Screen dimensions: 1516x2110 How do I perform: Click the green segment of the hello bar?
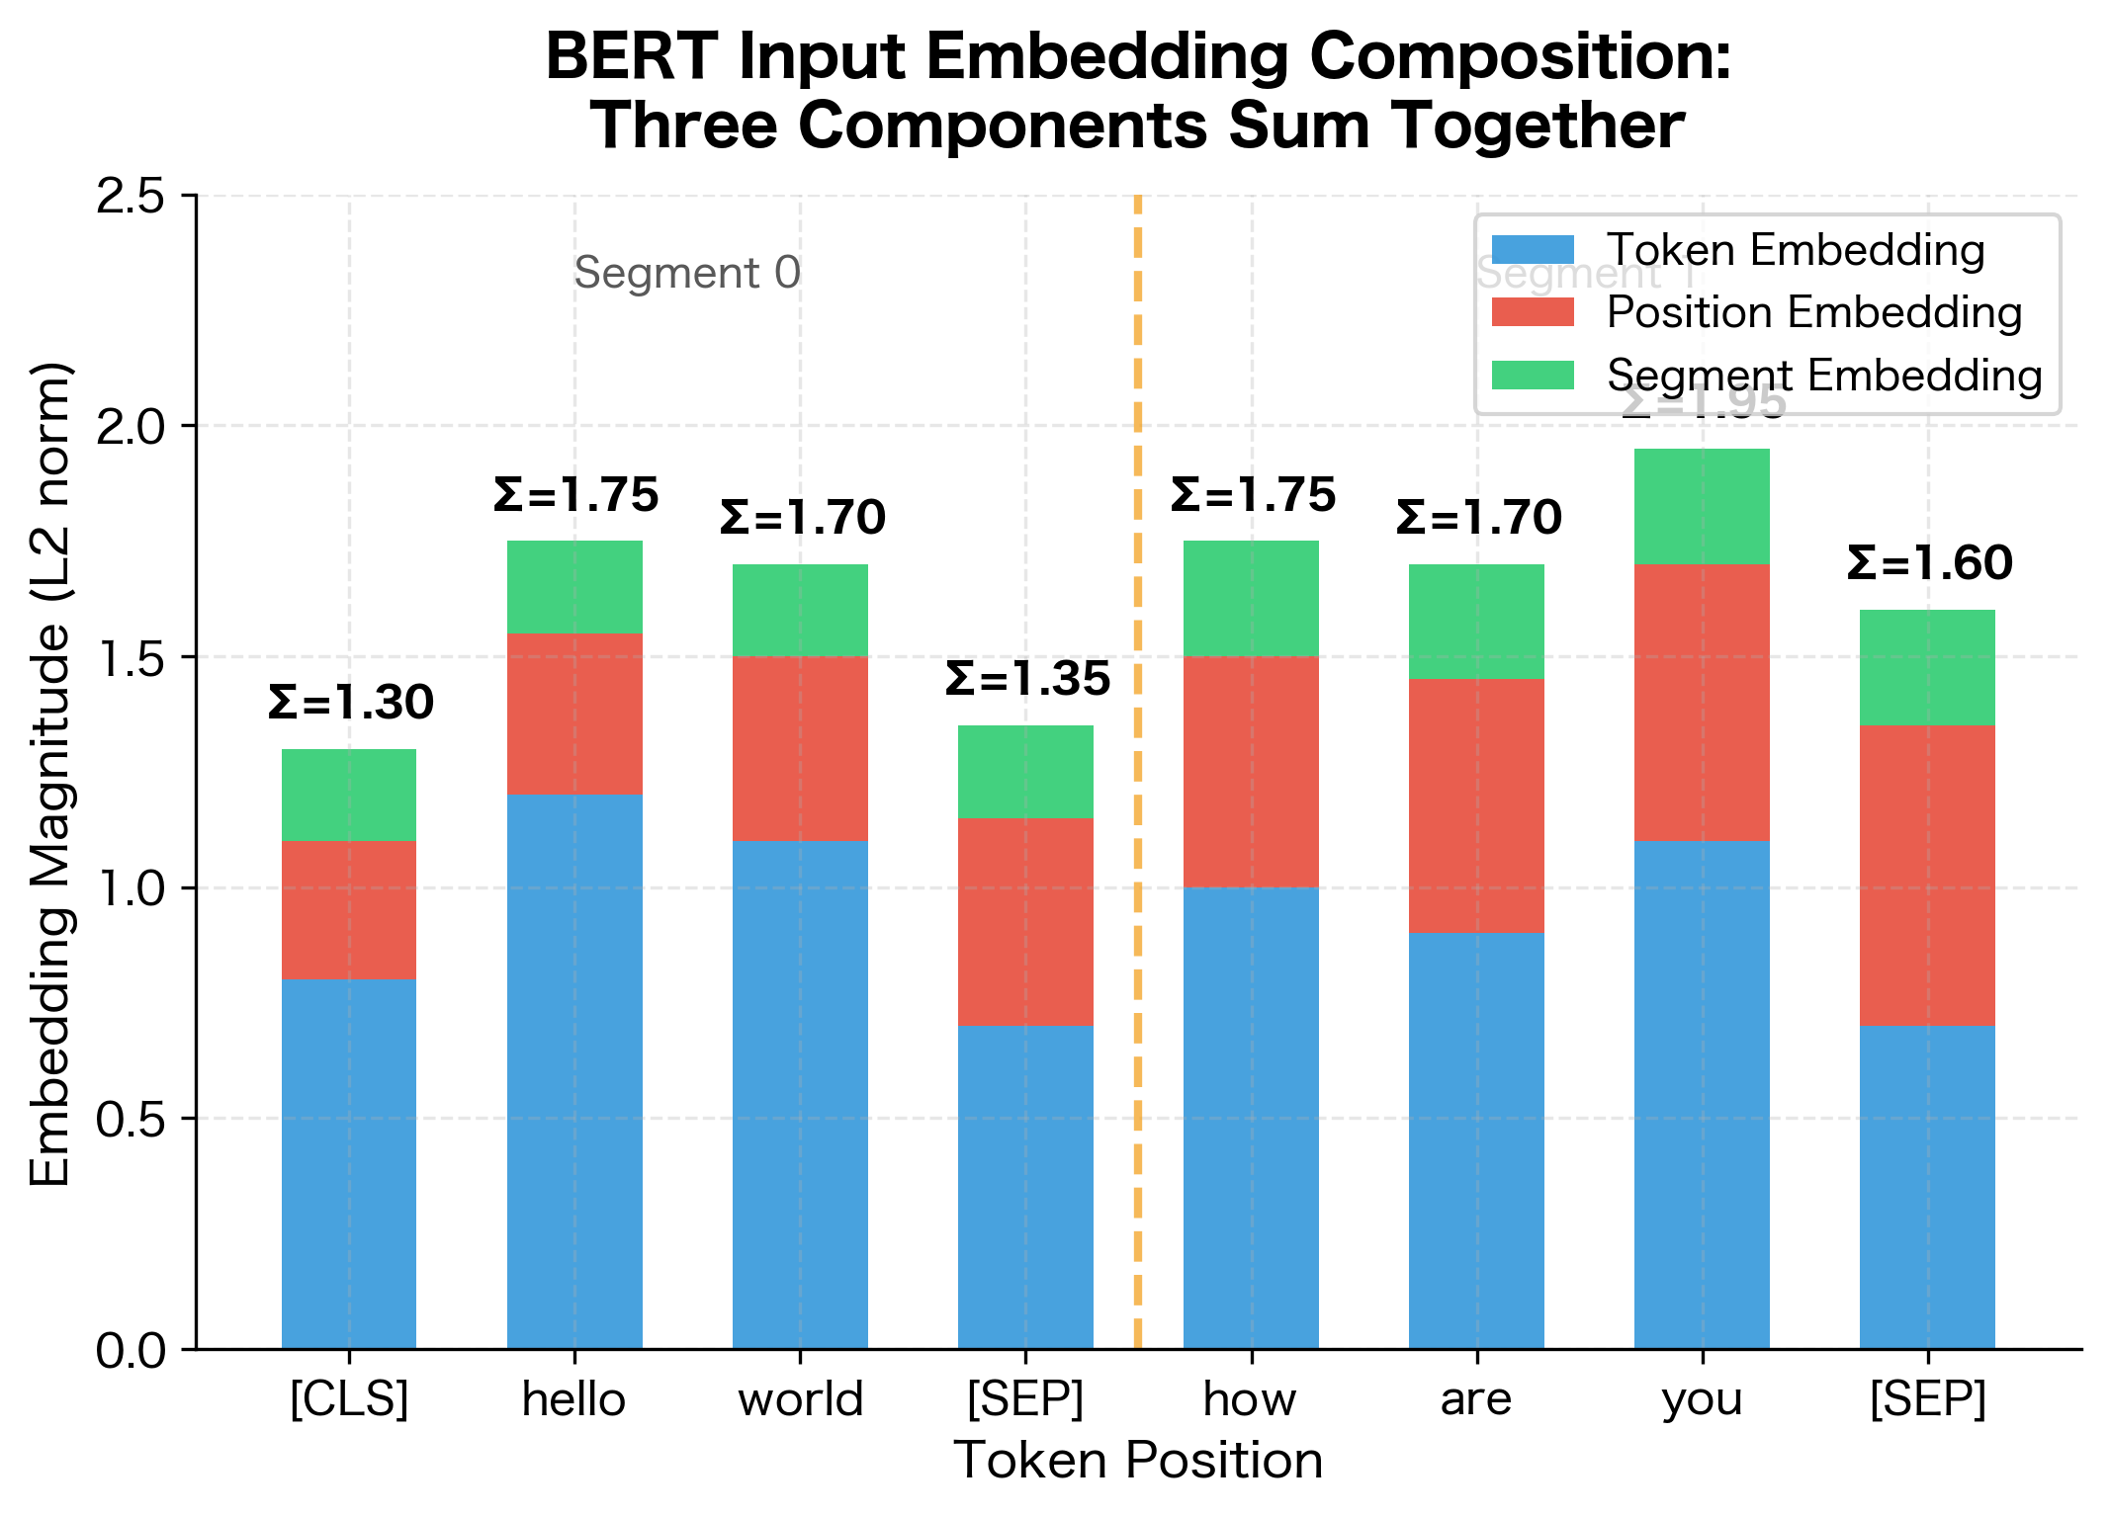click(x=574, y=587)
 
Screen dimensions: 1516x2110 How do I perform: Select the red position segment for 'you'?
click(x=1701, y=703)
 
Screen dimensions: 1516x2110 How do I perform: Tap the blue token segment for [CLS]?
click(x=349, y=1163)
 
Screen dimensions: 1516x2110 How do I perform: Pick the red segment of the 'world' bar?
click(x=800, y=748)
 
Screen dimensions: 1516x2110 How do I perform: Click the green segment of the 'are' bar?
click(x=1476, y=622)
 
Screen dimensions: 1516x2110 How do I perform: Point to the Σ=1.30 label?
click(x=351, y=703)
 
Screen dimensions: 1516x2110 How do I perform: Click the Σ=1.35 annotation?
click(x=1027, y=679)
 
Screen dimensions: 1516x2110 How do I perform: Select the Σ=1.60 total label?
click(x=1929, y=563)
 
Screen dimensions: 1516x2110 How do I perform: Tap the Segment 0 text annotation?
click(x=687, y=273)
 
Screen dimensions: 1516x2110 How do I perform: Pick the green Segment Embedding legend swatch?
click(x=1533, y=376)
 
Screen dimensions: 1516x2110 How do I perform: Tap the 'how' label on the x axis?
click(x=1250, y=1399)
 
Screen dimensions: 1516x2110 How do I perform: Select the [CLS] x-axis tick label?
click(x=349, y=1399)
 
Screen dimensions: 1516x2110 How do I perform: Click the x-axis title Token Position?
click(x=1138, y=1461)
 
